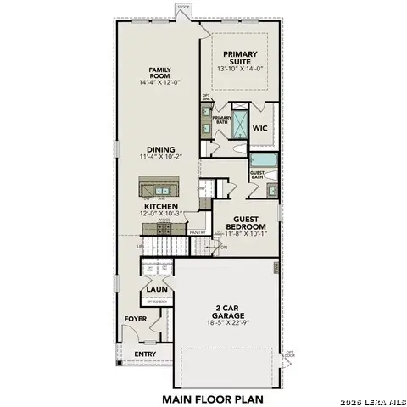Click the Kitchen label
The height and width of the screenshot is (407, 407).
(159, 207)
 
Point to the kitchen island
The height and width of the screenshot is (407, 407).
(162, 188)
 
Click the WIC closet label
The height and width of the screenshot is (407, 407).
(261, 129)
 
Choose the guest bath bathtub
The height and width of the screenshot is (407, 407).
(262, 159)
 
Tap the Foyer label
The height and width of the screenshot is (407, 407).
(136, 319)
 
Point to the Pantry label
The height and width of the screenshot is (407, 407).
(198, 231)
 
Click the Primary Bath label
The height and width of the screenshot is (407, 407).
(221, 120)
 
